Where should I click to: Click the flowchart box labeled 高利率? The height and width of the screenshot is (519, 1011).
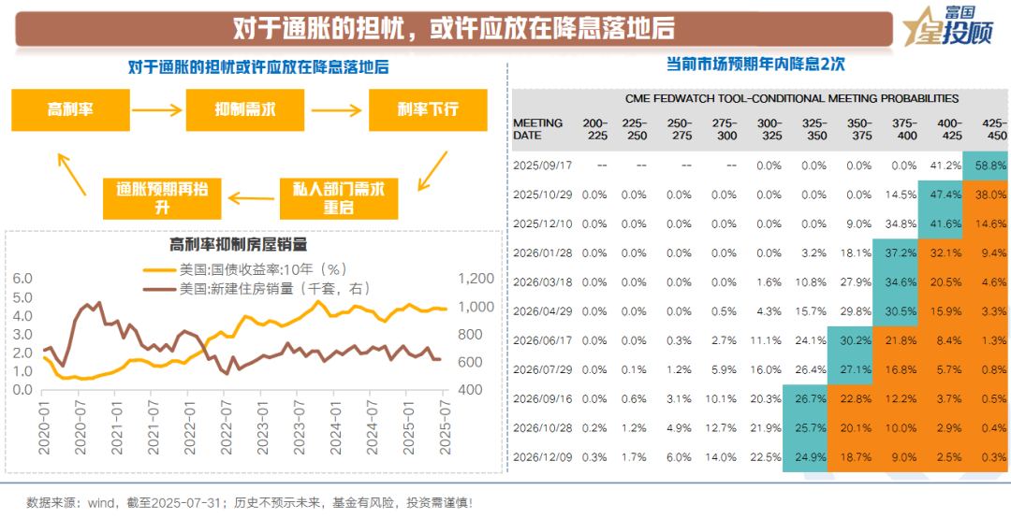(x=70, y=109)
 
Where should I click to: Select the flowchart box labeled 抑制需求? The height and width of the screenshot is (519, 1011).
(x=244, y=109)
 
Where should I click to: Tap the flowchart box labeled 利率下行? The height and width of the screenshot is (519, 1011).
(x=427, y=109)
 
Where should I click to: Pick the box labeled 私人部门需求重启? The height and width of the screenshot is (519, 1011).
(x=338, y=197)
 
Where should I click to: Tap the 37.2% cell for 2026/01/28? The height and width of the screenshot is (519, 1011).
(x=896, y=252)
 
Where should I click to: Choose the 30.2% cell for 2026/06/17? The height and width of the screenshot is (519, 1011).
(x=852, y=340)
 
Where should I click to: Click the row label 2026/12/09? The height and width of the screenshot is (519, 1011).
(x=542, y=457)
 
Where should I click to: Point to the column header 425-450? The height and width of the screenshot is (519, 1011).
(x=990, y=129)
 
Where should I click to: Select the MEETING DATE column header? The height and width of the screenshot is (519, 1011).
(x=538, y=129)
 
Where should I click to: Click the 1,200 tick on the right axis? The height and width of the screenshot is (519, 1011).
(x=476, y=279)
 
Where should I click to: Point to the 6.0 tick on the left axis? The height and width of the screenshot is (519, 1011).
(x=22, y=279)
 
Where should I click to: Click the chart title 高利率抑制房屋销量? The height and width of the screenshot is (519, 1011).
(x=239, y=245)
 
